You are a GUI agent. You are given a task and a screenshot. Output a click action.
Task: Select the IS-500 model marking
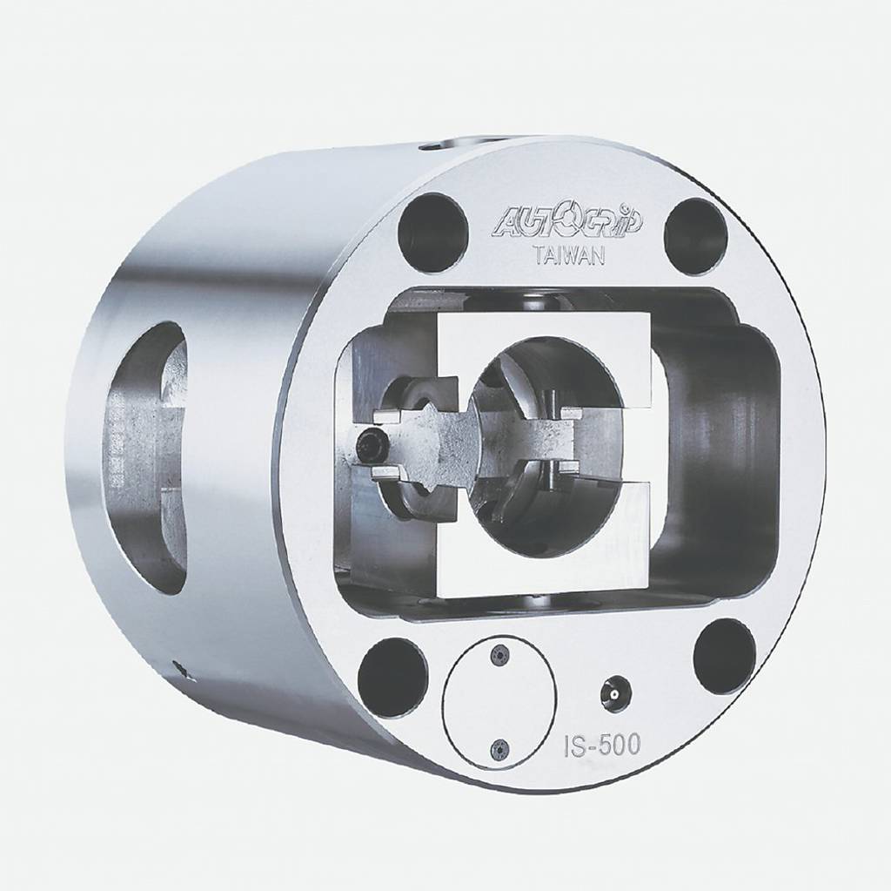point(602,745)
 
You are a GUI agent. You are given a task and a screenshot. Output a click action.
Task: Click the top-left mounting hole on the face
point(433,226)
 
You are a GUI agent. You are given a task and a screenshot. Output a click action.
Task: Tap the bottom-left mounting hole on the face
point(392,672)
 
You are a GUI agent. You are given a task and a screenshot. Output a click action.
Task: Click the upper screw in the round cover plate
point(499,656)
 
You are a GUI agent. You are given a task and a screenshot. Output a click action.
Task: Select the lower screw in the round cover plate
point(499,751)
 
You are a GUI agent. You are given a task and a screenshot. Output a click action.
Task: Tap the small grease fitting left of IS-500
point(613,690)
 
